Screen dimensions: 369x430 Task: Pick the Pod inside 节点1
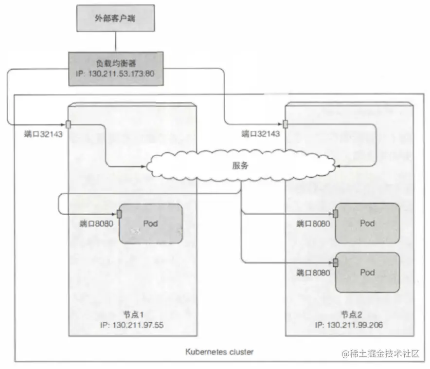(151, 223)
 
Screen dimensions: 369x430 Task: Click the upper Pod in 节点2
(367, 223)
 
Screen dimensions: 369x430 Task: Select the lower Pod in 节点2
(367, 272)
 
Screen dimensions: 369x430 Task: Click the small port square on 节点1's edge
(68, 124)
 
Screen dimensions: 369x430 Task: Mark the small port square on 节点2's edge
(285, 124)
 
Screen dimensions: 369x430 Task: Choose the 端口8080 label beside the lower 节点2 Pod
(313, 273)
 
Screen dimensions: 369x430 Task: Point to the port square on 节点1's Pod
(119, 214)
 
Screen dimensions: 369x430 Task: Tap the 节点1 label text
(132, 314)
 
